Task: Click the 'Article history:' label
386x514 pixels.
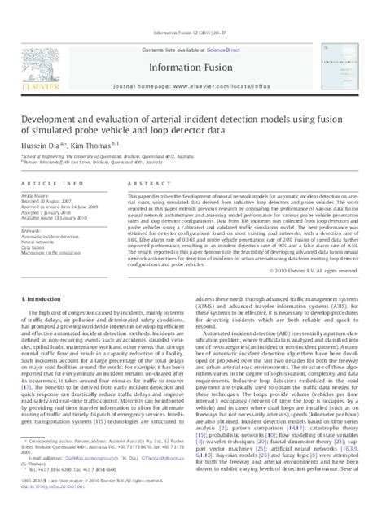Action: (50, 196)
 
